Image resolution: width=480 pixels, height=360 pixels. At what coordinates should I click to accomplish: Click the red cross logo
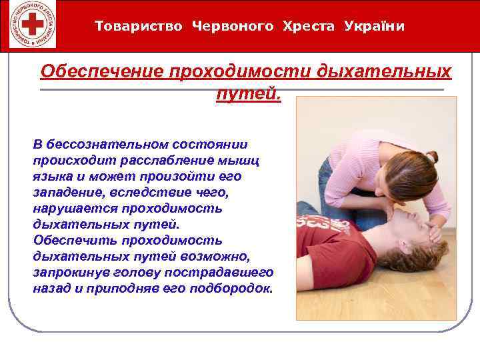click(x=29, y=26)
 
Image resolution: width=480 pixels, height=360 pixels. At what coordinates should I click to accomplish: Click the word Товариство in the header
click(x=138, y=27)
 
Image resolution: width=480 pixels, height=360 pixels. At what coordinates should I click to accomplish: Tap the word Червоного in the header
click(x=232, y=27)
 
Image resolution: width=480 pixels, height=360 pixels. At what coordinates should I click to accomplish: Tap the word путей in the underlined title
click(x=248, y=94)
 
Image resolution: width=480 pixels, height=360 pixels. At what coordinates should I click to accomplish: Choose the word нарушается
click(x=65, y=209)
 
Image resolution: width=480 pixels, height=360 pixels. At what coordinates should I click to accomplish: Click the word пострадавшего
click(x=220, y=273)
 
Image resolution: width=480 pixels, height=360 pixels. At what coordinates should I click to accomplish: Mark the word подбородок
click(x=231, y=289)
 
